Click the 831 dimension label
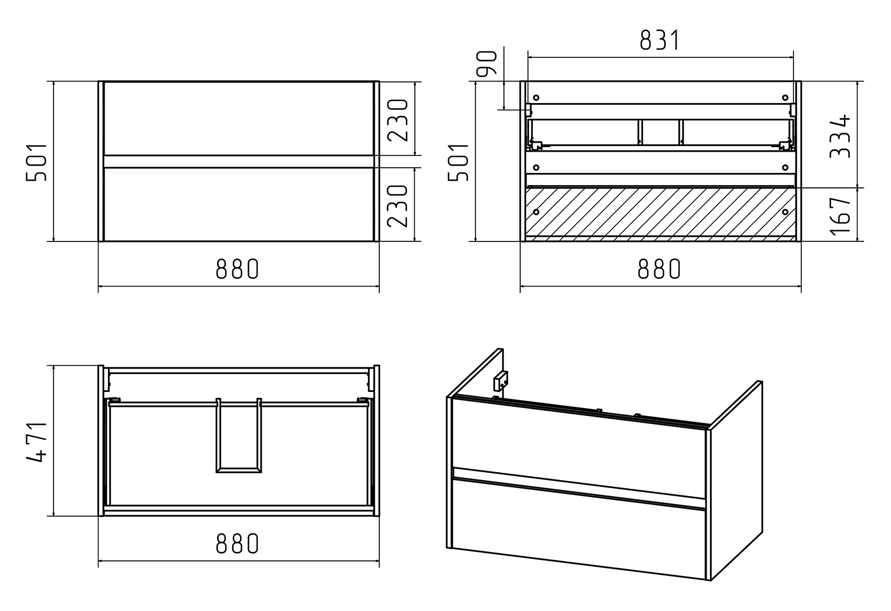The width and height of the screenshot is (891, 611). [659, 40]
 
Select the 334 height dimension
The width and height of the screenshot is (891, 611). [840, 136]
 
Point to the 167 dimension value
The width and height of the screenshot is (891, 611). [840, 216]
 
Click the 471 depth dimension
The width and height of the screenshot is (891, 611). [36, 442]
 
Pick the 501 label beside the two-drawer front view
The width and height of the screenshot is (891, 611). [36, 162]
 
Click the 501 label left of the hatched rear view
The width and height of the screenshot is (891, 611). [458, 162]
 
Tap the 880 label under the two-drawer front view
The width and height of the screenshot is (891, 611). [237, 269]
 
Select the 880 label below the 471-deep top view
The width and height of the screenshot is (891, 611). [237, 544]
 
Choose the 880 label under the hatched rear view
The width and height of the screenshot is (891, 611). [659, 269]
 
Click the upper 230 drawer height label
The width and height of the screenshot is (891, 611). [398, 120]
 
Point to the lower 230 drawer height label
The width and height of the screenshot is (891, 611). [398, 206]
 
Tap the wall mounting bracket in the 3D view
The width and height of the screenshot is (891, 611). [501, 381]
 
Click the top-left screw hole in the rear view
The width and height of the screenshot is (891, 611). [536, 98]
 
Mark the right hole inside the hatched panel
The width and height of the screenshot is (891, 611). [785, 212]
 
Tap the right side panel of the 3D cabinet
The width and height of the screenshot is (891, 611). [736, 480]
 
